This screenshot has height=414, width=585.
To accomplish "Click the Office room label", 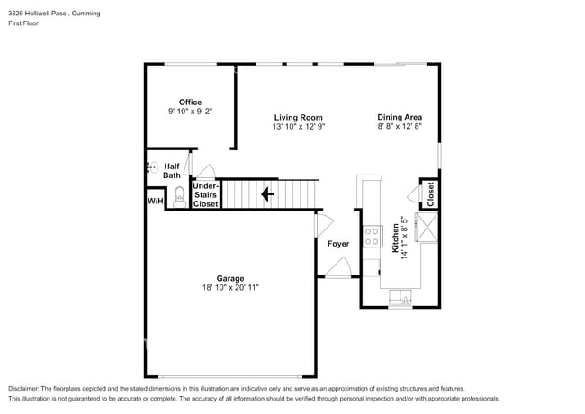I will pos(190,102).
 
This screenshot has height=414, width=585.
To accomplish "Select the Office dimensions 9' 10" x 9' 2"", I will pos(190,112).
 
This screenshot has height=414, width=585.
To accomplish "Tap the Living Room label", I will pos(299,117).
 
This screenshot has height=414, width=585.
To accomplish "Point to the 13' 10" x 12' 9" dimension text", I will pos(299,127).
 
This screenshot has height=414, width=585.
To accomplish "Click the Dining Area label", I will pos(400,117).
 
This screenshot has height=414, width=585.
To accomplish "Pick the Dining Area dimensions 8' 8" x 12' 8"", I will pos(400,127).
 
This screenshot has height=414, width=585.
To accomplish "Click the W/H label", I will pos(155,201).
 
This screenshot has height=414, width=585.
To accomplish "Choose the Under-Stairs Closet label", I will pos(206,194).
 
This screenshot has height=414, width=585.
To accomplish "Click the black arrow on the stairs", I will pos(267,193).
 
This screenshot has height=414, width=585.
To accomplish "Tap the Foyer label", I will pos(337,244).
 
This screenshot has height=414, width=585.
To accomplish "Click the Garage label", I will pos(231,277).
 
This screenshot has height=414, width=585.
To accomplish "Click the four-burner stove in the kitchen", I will pos(371,237).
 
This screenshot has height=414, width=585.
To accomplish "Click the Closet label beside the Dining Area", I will pos(431,193).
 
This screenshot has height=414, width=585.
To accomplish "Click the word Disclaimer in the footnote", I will pos(24,387).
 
